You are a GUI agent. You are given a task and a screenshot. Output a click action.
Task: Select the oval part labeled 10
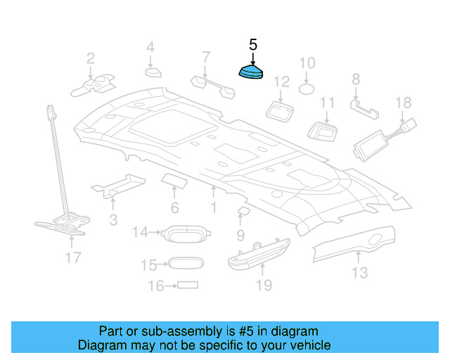307,89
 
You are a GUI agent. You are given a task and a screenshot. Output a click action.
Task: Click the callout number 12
281,82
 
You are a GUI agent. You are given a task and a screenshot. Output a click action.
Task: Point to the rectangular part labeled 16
187,285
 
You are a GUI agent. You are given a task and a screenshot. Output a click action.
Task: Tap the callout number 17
73,258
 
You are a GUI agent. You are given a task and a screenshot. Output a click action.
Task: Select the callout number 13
359,272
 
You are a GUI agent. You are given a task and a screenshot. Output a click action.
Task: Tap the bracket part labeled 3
120,184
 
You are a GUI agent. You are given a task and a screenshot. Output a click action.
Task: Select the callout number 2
91,58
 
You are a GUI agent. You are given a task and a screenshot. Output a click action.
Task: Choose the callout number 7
205,56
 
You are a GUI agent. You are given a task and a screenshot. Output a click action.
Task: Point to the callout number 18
402,103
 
